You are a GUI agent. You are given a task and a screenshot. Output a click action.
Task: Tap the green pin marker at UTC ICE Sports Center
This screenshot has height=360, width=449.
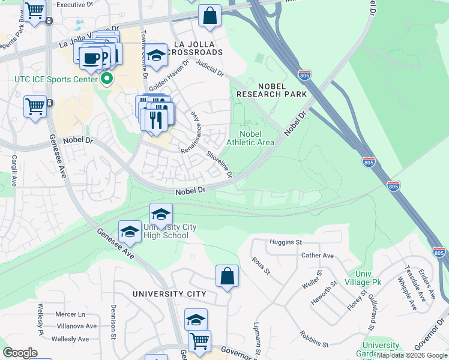tap(107, 79)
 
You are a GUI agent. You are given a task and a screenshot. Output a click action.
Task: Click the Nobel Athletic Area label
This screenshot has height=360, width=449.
tap(250, 138)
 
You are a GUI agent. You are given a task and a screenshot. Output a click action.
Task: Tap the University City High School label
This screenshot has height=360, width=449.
tap(165, 231)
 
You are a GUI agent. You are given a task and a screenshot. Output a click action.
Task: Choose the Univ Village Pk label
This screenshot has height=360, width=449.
tap(360, 278)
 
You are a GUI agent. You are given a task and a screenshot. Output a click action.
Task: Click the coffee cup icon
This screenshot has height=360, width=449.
tap(91, 58)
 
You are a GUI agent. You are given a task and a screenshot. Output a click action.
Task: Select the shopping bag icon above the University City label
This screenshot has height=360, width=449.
tap(227, 277)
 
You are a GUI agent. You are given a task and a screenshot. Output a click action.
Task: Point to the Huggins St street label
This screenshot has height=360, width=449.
tap(286, 242)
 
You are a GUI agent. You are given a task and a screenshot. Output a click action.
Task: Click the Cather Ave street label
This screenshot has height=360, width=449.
tap(318, 255)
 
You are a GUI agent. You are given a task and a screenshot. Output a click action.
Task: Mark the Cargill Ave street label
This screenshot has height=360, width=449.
tap(14, 170)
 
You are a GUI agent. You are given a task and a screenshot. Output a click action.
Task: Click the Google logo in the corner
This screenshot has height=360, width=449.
tap(20, 352)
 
